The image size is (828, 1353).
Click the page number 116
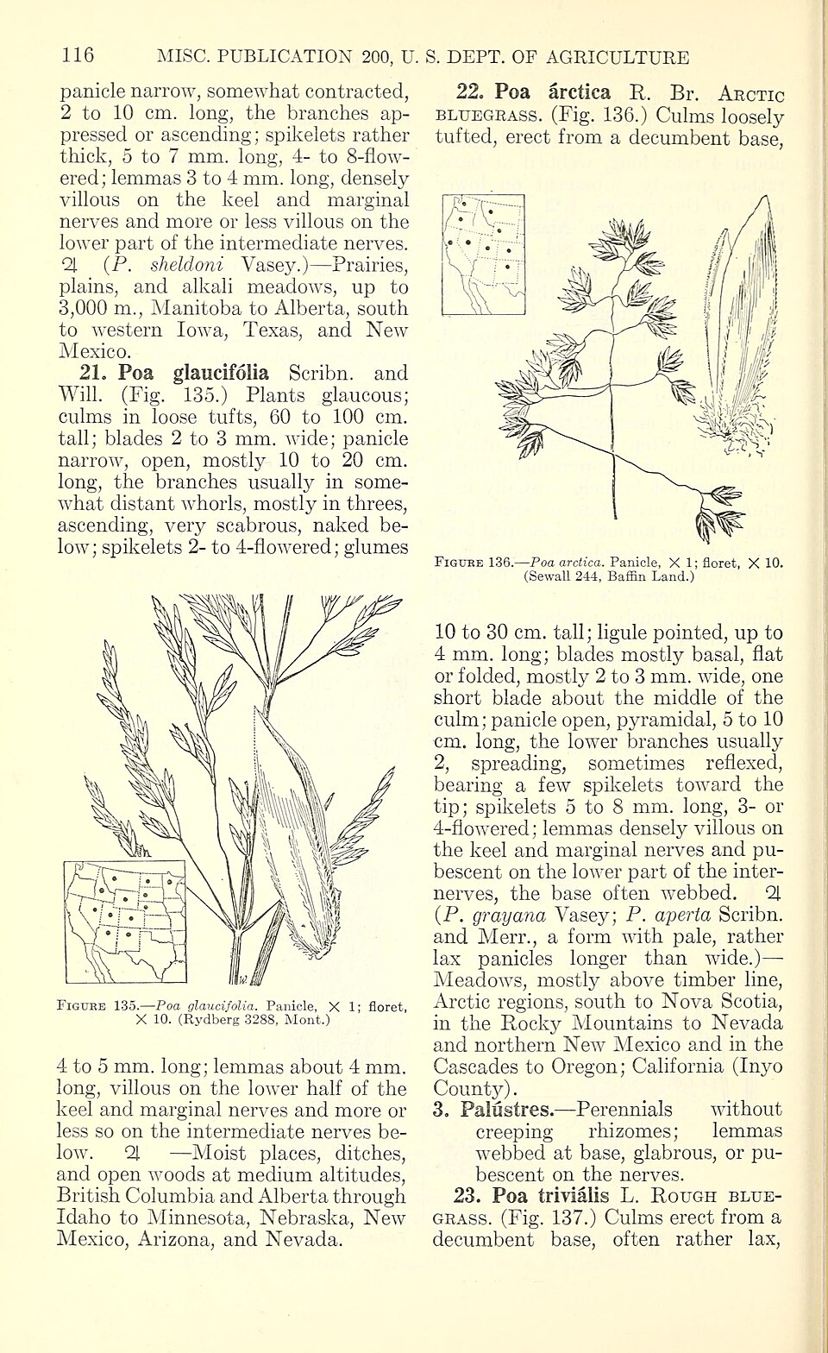[x=78, y=57]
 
